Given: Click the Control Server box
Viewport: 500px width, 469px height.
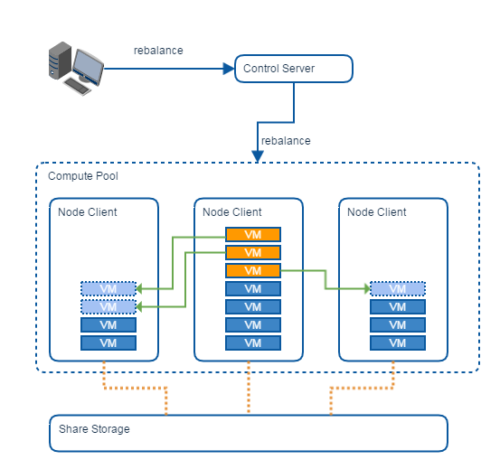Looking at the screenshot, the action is [x=294, y=69].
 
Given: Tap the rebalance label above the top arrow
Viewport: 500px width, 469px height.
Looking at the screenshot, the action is [x=158, y=51].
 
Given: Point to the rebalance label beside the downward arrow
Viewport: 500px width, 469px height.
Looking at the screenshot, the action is [x=286, y=140].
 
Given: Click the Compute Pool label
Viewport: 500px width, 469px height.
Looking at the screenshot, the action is [x=83, y=176].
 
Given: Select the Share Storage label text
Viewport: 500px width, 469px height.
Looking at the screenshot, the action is [x=94, y=429].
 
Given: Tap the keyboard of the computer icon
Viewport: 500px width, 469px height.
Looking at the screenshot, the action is [x=78, y=86].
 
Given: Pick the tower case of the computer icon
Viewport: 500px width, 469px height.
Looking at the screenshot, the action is [x=60, y=61].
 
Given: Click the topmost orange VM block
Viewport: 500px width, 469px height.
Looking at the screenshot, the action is [x=253, y=235].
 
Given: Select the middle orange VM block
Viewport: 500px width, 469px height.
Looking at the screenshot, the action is [x=253, y=253].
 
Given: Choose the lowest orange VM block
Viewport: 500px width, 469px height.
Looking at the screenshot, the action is [x=253, y=271].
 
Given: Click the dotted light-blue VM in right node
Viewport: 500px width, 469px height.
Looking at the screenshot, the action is [x=398, y=288].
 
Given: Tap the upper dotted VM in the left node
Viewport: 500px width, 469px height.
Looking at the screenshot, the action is [x=108, y=288].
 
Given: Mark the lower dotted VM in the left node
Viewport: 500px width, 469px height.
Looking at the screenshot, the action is [x=108, y=307].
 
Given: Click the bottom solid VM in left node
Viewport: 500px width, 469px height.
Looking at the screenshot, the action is [x=108, y=343].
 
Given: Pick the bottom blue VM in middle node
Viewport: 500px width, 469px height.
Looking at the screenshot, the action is [x=253, y=343].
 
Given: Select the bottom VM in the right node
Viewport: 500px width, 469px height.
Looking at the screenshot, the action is [x=398, y=343].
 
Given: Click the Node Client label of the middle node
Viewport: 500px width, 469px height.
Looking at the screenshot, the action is [x=232, y=211].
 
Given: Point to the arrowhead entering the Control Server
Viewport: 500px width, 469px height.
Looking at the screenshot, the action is [x=229, y=69].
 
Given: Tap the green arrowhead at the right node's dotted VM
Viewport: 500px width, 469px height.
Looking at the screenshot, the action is [x=367, y=288].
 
